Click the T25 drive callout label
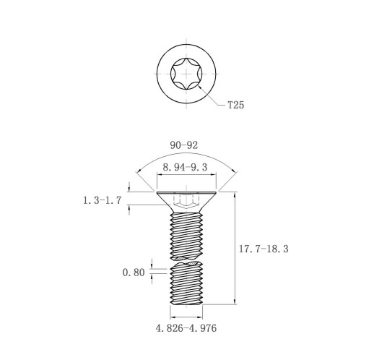(236, 105)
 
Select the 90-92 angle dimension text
(184, 145)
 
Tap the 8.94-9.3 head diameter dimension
(185, 167)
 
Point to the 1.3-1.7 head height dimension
(102, 200)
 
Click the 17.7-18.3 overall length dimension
(264, 249)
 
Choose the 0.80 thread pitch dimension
(134, 273)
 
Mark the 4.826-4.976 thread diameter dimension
(186, 328)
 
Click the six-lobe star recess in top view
(186, 74)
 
